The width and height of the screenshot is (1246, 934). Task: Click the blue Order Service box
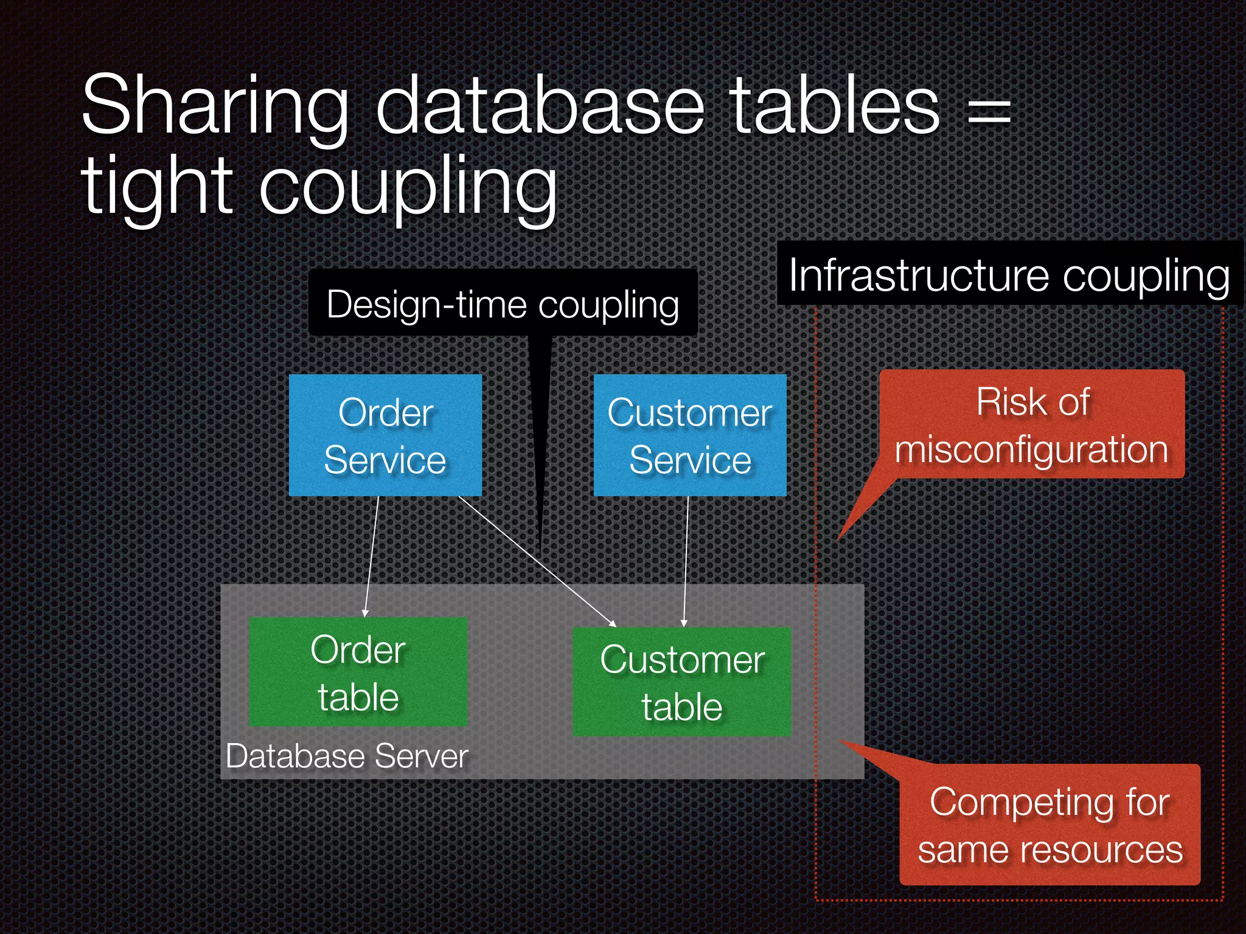pos(385,435)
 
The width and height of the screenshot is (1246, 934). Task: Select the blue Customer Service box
pos(690,435)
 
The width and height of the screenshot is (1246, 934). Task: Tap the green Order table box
pos(358,672)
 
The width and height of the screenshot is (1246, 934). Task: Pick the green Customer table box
pos(682,682)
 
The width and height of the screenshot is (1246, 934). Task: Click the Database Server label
pos(347,756)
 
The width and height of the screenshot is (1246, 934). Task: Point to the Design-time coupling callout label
pos(503,303)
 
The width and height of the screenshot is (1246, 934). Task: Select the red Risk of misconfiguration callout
pos(1032,424)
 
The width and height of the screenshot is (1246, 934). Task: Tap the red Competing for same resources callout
pos(1049,825)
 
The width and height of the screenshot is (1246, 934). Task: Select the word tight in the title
pos(157,185)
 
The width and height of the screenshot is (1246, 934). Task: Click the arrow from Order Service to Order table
pos(371,556)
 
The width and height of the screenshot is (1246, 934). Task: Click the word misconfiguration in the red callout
pos(1032,449)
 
